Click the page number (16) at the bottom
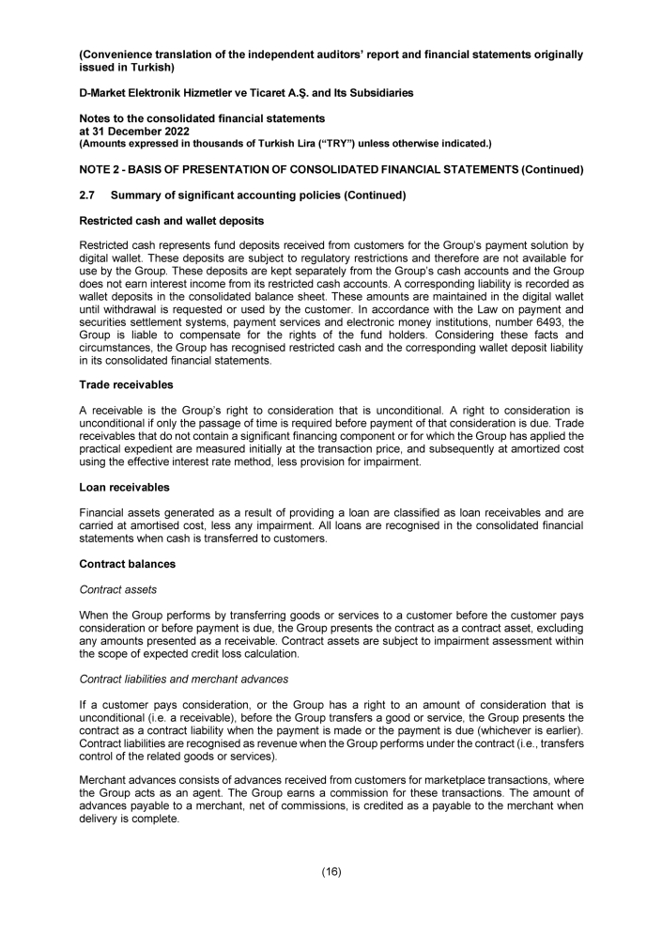coord(331,871)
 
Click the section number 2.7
coord(87,195)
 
